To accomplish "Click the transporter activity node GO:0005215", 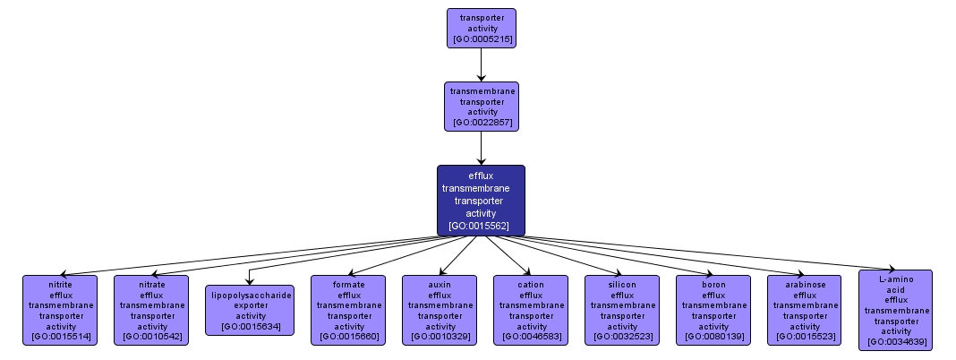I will (x=481, y=28).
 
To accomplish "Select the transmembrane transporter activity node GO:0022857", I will (x=481, y=106).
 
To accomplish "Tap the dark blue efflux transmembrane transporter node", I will (x=481, y=201).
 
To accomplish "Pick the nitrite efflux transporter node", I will (x=61, y=310).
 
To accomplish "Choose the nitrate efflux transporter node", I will (x=151, y=310).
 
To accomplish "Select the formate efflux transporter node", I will (x=348, y=310).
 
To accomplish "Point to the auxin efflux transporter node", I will (x=440, y=310).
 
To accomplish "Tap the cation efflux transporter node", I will (x=531, y=310).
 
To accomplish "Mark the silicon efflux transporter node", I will (x=622, y=310).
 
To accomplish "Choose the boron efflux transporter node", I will (x=713, y=310).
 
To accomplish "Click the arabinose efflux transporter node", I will (x=805, y=310).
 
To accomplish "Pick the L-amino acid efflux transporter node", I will (x=896, y=310).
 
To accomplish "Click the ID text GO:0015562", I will (x=479, y=226).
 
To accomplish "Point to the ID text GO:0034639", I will (x=896, y=342).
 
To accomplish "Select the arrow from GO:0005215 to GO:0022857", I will (x=481, y=64).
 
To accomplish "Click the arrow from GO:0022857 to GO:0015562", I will (x=481, y=148).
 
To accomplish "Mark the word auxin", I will (x=440, y=284).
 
